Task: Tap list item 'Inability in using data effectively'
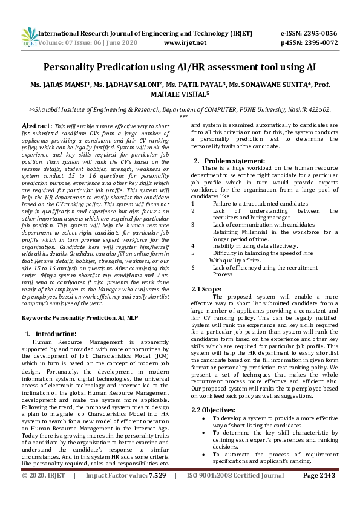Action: click(255, 246)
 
